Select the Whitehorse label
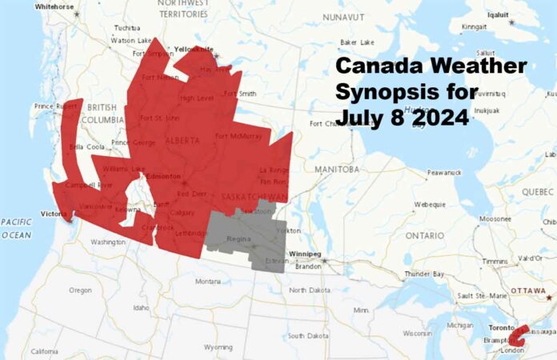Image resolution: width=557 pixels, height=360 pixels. click(x=54, y=6)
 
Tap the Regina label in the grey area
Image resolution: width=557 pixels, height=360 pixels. click(x=238, y=239)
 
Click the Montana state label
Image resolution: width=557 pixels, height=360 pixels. click(x=208, y=281)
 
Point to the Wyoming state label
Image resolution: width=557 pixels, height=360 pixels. click(x=218, y=347)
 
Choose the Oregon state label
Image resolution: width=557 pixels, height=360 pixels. click(x=80, y=290)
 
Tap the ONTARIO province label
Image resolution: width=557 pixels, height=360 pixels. click(x=424, y=236)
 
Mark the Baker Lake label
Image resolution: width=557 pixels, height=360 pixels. click(x=356, y=42)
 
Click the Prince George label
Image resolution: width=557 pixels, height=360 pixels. click(x=131, y=142)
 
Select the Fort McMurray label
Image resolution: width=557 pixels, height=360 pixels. click(x=238, y=136)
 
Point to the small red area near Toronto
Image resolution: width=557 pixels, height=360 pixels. click(x=520, y=336)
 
